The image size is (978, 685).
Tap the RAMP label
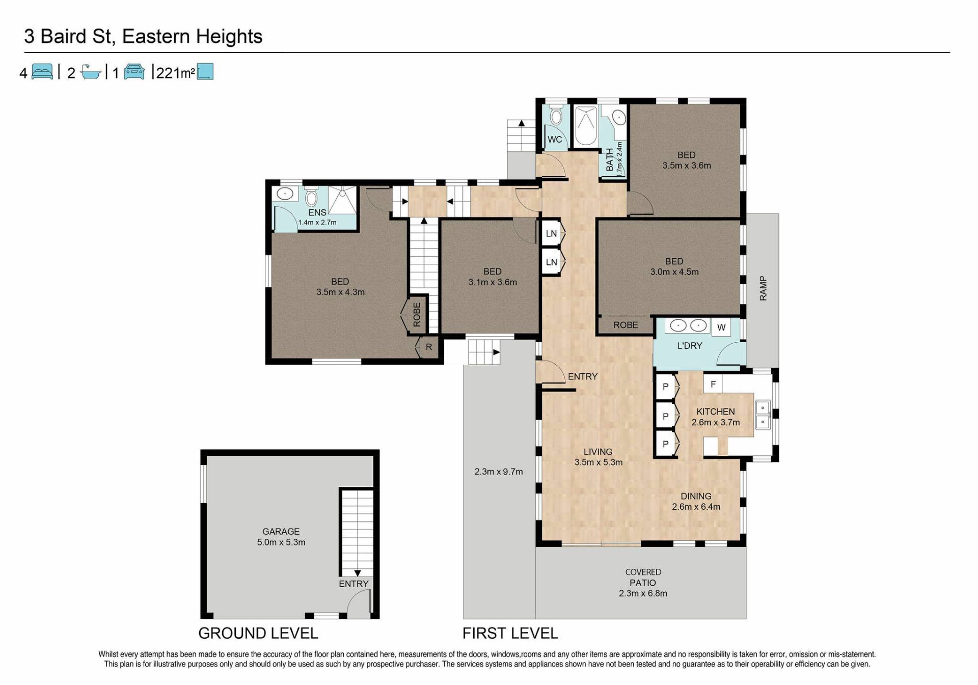(763, 288)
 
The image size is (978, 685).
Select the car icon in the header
(134, 72)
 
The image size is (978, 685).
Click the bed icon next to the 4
(42, 72)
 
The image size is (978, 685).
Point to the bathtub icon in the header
(91, 72)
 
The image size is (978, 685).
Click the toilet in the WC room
(556, 116)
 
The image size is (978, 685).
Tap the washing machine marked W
(721, 327)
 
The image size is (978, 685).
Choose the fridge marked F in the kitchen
(713, 384)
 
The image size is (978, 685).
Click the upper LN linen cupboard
(552, 233)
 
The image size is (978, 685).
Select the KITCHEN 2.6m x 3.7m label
(716, 417)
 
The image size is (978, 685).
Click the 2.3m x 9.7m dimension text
(499, 472)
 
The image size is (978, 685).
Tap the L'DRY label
(690, 346)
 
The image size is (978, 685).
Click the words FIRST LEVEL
(510, 633)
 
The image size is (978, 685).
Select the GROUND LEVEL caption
(258, 633)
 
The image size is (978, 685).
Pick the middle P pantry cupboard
(666, 416)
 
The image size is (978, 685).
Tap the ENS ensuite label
(317, 212)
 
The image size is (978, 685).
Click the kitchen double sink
(763, 415)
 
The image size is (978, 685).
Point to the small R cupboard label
(429, 347)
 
